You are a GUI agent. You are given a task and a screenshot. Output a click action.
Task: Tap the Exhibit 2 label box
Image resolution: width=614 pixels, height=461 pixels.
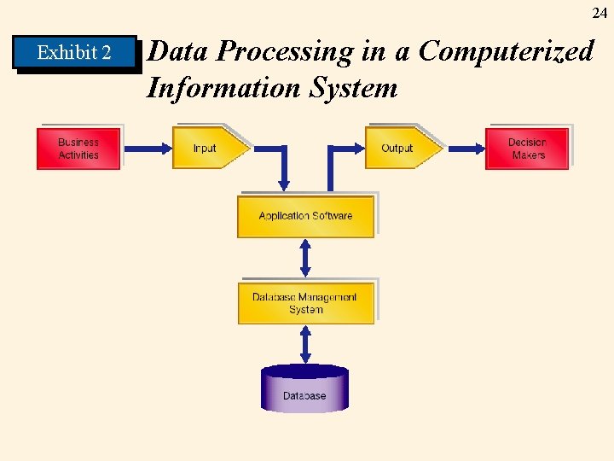pyautogui.click(x=74, y=53)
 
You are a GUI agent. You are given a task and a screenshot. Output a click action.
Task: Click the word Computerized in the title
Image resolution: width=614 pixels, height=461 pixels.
pyautogui.click(x=506, y=51)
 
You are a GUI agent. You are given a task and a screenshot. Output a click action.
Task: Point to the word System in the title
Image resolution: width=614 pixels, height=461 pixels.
pyautogui.click(x=356, y=87)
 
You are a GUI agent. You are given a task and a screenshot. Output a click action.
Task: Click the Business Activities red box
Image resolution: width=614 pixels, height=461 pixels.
pyautogui.click(x=78, y=149)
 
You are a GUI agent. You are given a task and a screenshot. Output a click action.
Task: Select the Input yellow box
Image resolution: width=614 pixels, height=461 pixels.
pyautogui.click(x=208, y=149)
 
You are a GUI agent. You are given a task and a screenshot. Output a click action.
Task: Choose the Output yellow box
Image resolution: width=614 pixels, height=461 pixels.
pyautogui.click(x=401, y=149)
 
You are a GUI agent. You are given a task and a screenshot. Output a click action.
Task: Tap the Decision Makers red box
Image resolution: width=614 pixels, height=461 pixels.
pyautogui.click(x=527, y=149)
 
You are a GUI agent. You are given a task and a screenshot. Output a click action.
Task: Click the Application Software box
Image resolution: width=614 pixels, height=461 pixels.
pyautogui.click(x=305, y=216)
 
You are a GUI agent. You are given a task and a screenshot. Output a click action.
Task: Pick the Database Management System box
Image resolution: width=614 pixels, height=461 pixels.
pyautogui.click(x=305, y=303)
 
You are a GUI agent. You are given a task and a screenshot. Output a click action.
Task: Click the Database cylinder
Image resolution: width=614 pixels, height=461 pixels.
pyautogui.click(x=304, y=390)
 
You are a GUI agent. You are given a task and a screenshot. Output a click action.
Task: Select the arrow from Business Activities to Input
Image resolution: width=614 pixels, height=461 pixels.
pyautogui.click(x=146, y=149)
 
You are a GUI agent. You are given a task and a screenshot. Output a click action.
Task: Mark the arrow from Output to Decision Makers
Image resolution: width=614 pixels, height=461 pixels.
pyautogui.click(x=466, y=149)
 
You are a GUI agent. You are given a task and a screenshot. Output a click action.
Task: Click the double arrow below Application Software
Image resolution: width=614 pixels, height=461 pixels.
pyautogui.click(x=305, y=258)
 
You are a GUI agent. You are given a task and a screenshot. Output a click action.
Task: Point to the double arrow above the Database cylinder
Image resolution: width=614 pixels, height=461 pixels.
pyautogui.click(x=305, y=343)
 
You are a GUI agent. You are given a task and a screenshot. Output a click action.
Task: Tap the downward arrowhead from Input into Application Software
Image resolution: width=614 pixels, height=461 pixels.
pyautogui.click(x=284, y=183)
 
